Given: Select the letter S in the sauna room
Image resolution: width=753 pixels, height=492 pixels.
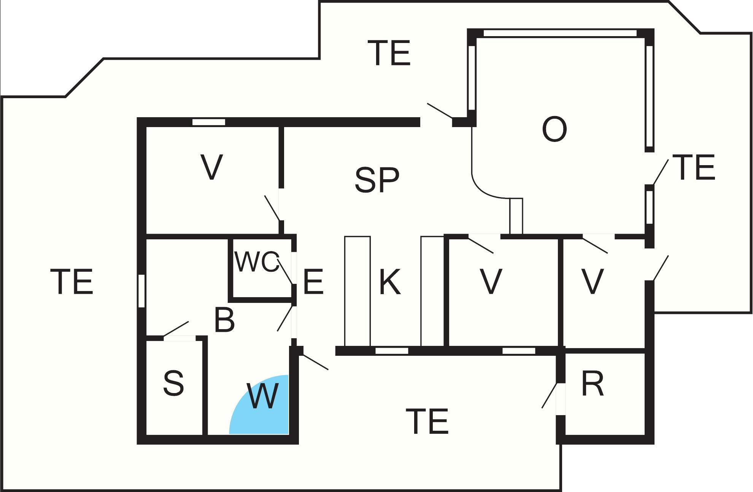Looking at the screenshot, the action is [173, 383].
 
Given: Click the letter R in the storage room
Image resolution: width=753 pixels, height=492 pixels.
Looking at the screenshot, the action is [593, 384].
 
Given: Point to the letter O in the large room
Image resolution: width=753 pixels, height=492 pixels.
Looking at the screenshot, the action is [554, 129].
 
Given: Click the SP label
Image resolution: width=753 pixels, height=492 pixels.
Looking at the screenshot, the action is [377, 180].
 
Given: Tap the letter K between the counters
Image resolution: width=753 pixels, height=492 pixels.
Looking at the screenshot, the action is [390, 282].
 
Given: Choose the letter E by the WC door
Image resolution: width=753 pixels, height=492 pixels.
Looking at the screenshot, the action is [313, 282].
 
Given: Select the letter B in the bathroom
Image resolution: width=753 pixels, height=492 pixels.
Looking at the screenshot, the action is [224, 320].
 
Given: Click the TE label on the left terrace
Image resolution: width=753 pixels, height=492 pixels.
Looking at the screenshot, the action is [72, 282].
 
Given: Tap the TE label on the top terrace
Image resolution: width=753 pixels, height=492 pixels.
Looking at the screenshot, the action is [389, 53].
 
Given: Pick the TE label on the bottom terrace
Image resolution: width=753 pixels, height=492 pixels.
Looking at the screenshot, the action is [427, 421].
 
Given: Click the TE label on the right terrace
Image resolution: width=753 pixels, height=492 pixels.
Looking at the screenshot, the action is [694, 167].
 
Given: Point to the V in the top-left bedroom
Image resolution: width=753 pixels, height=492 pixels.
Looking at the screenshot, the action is [211, 167].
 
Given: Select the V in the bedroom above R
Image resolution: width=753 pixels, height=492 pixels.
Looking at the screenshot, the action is [593, 282].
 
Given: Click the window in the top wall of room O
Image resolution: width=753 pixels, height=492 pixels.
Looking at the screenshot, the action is [560, 33].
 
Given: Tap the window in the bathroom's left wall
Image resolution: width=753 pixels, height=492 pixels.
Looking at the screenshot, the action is [141, 291].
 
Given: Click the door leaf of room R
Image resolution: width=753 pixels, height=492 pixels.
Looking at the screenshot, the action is [550, 395].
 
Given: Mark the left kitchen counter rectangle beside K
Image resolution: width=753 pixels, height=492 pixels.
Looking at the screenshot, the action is [357, 291].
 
